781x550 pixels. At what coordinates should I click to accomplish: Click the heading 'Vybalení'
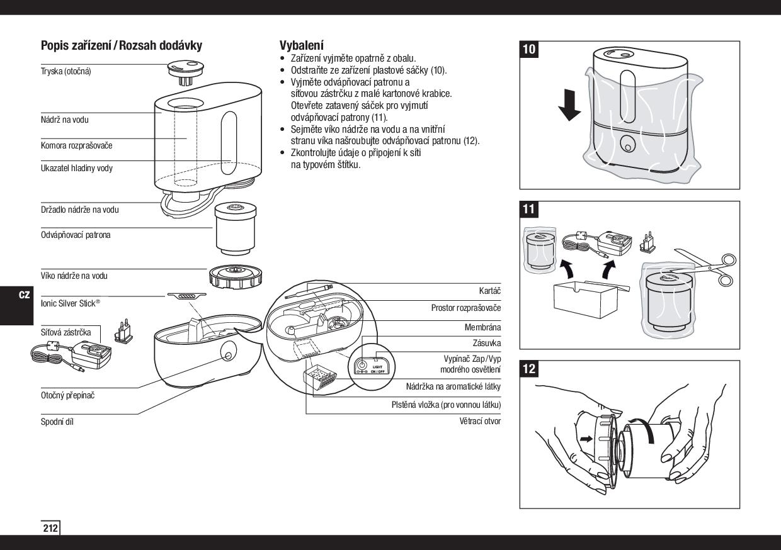(x=302, y=45)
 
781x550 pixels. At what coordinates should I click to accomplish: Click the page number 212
(x=50, y=528)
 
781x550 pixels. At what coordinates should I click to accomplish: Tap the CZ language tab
(x=25, y=295)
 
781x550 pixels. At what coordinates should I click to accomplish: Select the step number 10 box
(x=530, y=50)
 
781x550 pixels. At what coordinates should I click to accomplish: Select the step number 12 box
(x=530, y=369)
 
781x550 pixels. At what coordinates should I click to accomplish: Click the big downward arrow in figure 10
(x=570, y=104)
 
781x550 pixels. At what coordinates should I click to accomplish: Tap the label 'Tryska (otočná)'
(x=66, y=71)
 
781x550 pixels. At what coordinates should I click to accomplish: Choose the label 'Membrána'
(x=482, y=328)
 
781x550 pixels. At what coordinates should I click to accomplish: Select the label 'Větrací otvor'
(x=480, y=421)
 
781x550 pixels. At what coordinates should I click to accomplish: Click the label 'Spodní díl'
(x=57, y=422)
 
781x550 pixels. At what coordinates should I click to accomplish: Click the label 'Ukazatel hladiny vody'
(x=77, y=169)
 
